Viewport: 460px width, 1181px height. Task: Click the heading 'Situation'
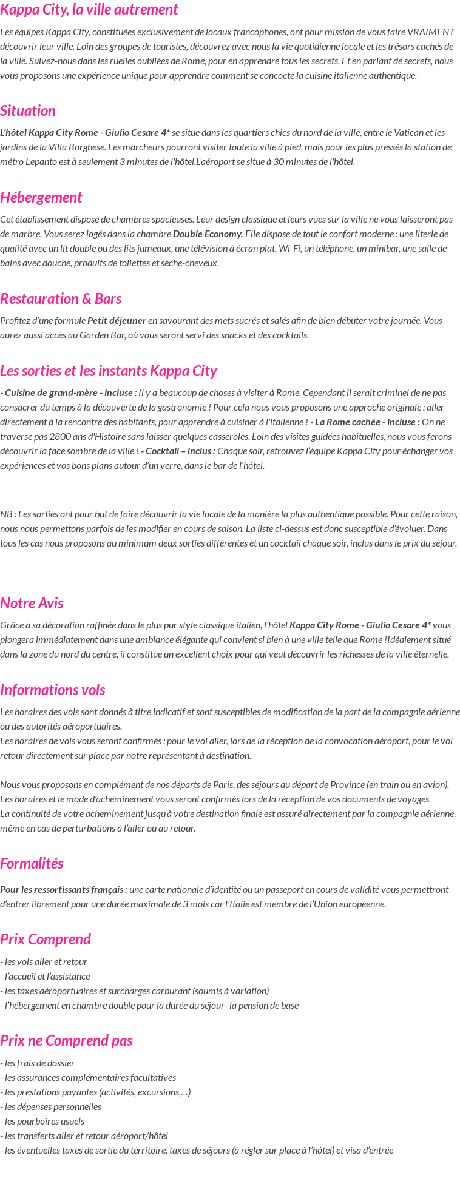(x=28, y=110)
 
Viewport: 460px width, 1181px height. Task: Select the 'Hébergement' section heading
(x=41, y=197)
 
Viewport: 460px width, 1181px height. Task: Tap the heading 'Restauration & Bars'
(x=61, y=298)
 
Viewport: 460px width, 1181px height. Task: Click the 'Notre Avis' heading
(x=32, y=603)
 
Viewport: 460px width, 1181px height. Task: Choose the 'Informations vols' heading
(x=53, y=690)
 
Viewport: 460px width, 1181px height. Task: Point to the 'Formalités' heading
(x=32, y=863)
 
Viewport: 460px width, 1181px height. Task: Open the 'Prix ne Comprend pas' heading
(x=66, y=1040)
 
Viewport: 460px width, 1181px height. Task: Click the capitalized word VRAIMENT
(x=430, y=32)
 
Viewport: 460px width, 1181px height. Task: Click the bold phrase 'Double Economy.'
(x=208, y=234)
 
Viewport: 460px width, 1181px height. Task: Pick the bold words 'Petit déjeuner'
(x=117, y=320)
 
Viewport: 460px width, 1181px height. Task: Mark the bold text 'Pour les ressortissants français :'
(x=64, y=889)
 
